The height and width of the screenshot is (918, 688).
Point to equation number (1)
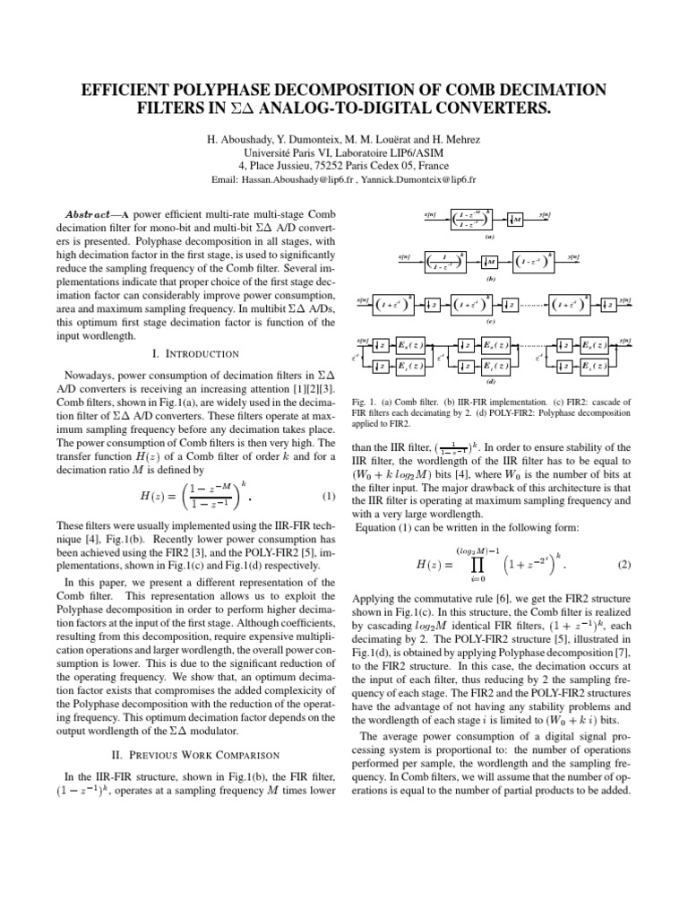coord(327,496)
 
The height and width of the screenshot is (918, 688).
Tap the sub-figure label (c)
coord(490,321)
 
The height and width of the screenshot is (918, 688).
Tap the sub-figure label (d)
coord(490,380)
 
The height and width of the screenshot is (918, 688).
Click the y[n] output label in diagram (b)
coord(573,256)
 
